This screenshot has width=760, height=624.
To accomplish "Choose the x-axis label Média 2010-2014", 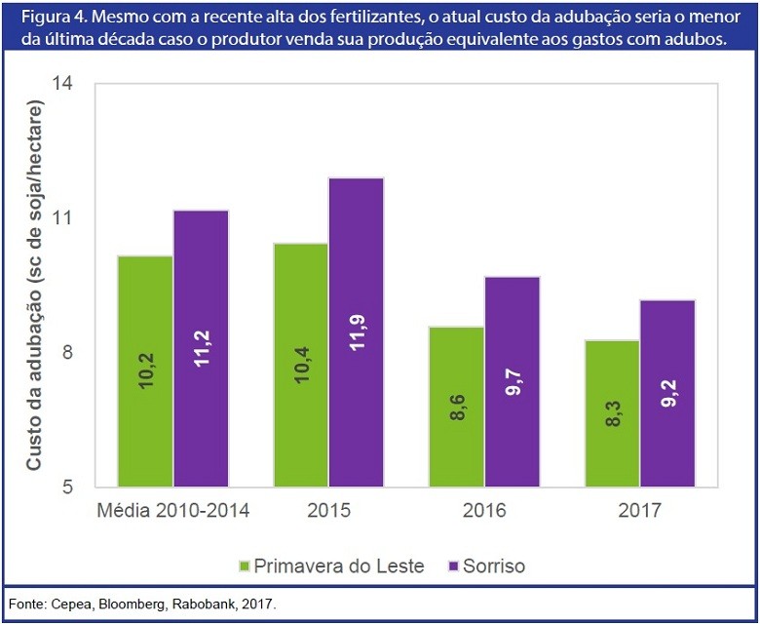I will coord(174,511).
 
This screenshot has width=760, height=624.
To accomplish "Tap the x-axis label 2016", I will coord(484,511).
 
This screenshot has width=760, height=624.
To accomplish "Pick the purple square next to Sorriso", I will coord(453,565).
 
